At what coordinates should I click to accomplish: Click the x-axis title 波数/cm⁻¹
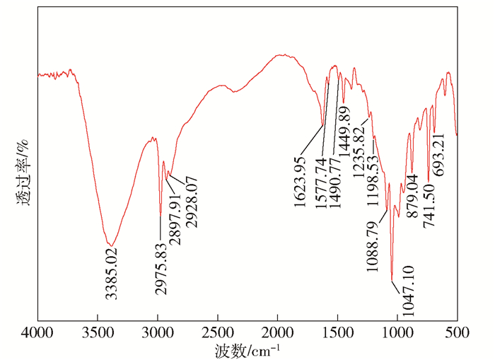pyautogui.click(x=248, y=349)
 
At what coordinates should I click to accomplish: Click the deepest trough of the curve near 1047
pyautogui.click(x=391, y=279)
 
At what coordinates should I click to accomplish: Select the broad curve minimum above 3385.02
pyautogui.click(x=111, y=245)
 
